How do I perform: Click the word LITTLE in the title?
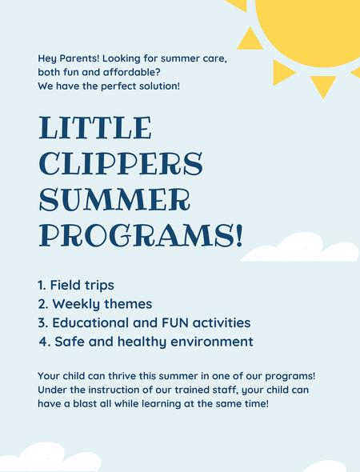(95, 128)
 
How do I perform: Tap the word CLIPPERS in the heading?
(121, 163)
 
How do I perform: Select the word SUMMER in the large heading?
(114, 199)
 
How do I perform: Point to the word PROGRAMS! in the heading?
(141, 235)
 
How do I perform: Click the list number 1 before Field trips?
(41, 285)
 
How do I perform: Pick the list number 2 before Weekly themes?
(42, 304)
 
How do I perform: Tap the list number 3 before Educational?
(42, 322)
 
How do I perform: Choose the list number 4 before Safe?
(45, 342)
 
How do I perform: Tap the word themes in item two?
(128, 304)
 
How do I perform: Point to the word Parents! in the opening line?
(79, 58)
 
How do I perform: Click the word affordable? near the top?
(131, 72)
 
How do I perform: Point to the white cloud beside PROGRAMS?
(300, 247)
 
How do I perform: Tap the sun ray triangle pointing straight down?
(323, 85)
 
